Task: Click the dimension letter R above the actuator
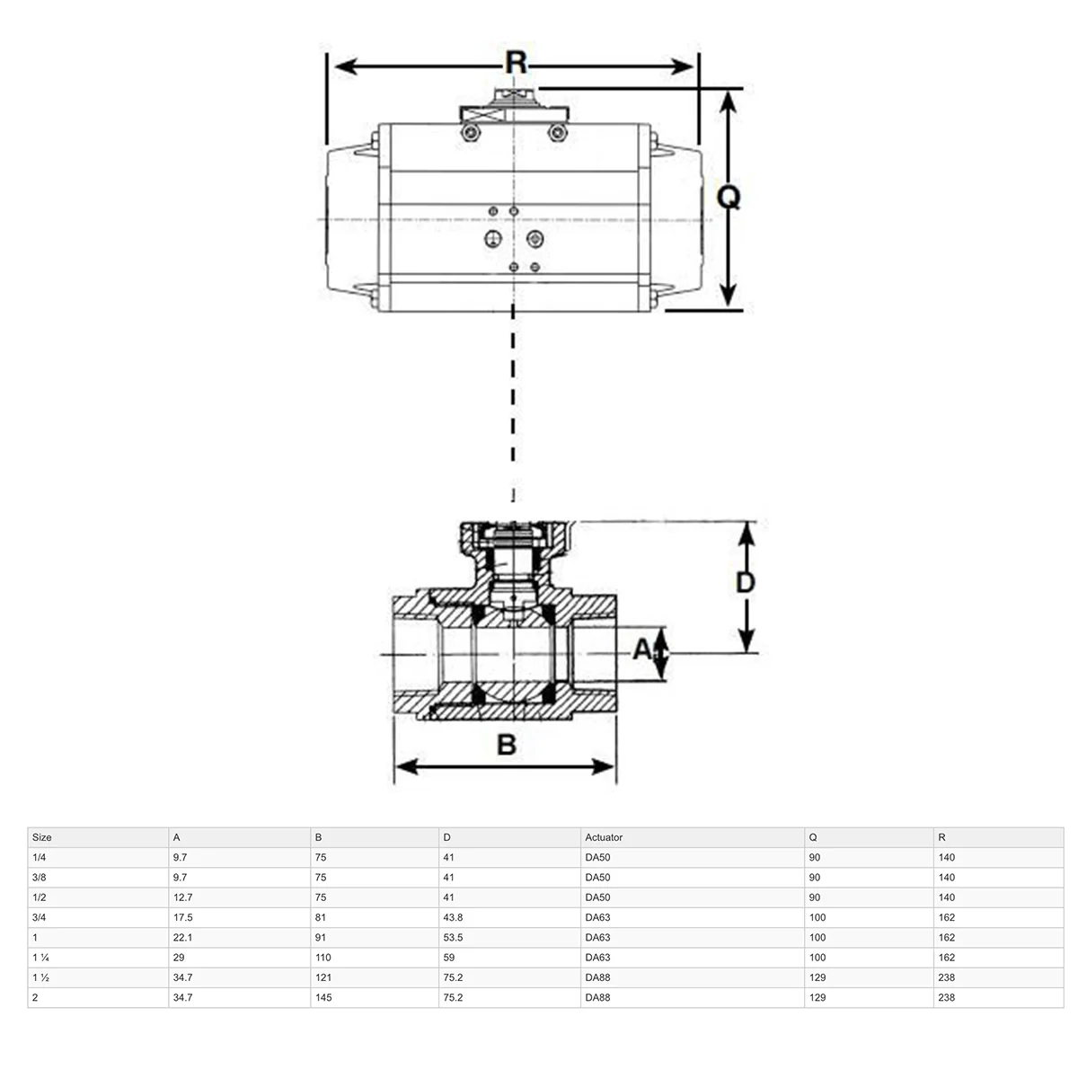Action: (516, 62)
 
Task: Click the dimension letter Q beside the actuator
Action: (729, 197)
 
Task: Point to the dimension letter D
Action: (745, 583)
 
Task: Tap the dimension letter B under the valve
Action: (507, 745)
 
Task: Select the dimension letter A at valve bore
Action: (643, 649)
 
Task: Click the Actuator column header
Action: (604, 837)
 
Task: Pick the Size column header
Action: (42, 837)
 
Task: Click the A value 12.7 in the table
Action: (183, 897)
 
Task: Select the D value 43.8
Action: (453, 917)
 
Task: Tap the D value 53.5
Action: (453, 938)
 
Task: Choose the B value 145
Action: (323, 997)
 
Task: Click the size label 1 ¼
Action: (40, 958)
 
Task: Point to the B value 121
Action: (323, 977)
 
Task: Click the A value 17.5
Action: (183, 917)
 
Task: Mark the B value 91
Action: (321, 938)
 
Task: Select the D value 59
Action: (448, 958)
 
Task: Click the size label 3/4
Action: (40, 917)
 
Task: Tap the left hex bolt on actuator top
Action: (471, 133)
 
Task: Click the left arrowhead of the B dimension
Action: (407, 767)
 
